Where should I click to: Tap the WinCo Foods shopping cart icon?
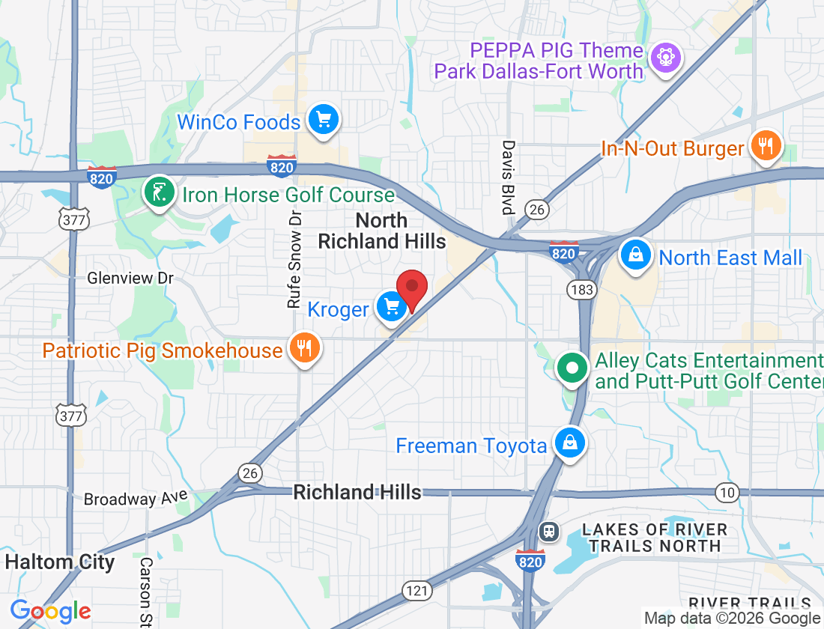(324, 120)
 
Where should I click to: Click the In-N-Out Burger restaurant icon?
(765, 146)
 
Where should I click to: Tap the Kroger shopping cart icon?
(391, 308)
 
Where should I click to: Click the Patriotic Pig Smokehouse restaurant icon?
(303, 349)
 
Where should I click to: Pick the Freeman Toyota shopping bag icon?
(570, 445)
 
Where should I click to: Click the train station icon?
(549, 532)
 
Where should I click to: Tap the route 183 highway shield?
(581, 289)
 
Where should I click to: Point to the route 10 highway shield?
(726, 492)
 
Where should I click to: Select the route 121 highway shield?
(417, 590)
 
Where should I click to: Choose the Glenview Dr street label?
(130, 278)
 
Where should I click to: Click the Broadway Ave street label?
(125, 498)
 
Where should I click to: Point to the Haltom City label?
(60, 562)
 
